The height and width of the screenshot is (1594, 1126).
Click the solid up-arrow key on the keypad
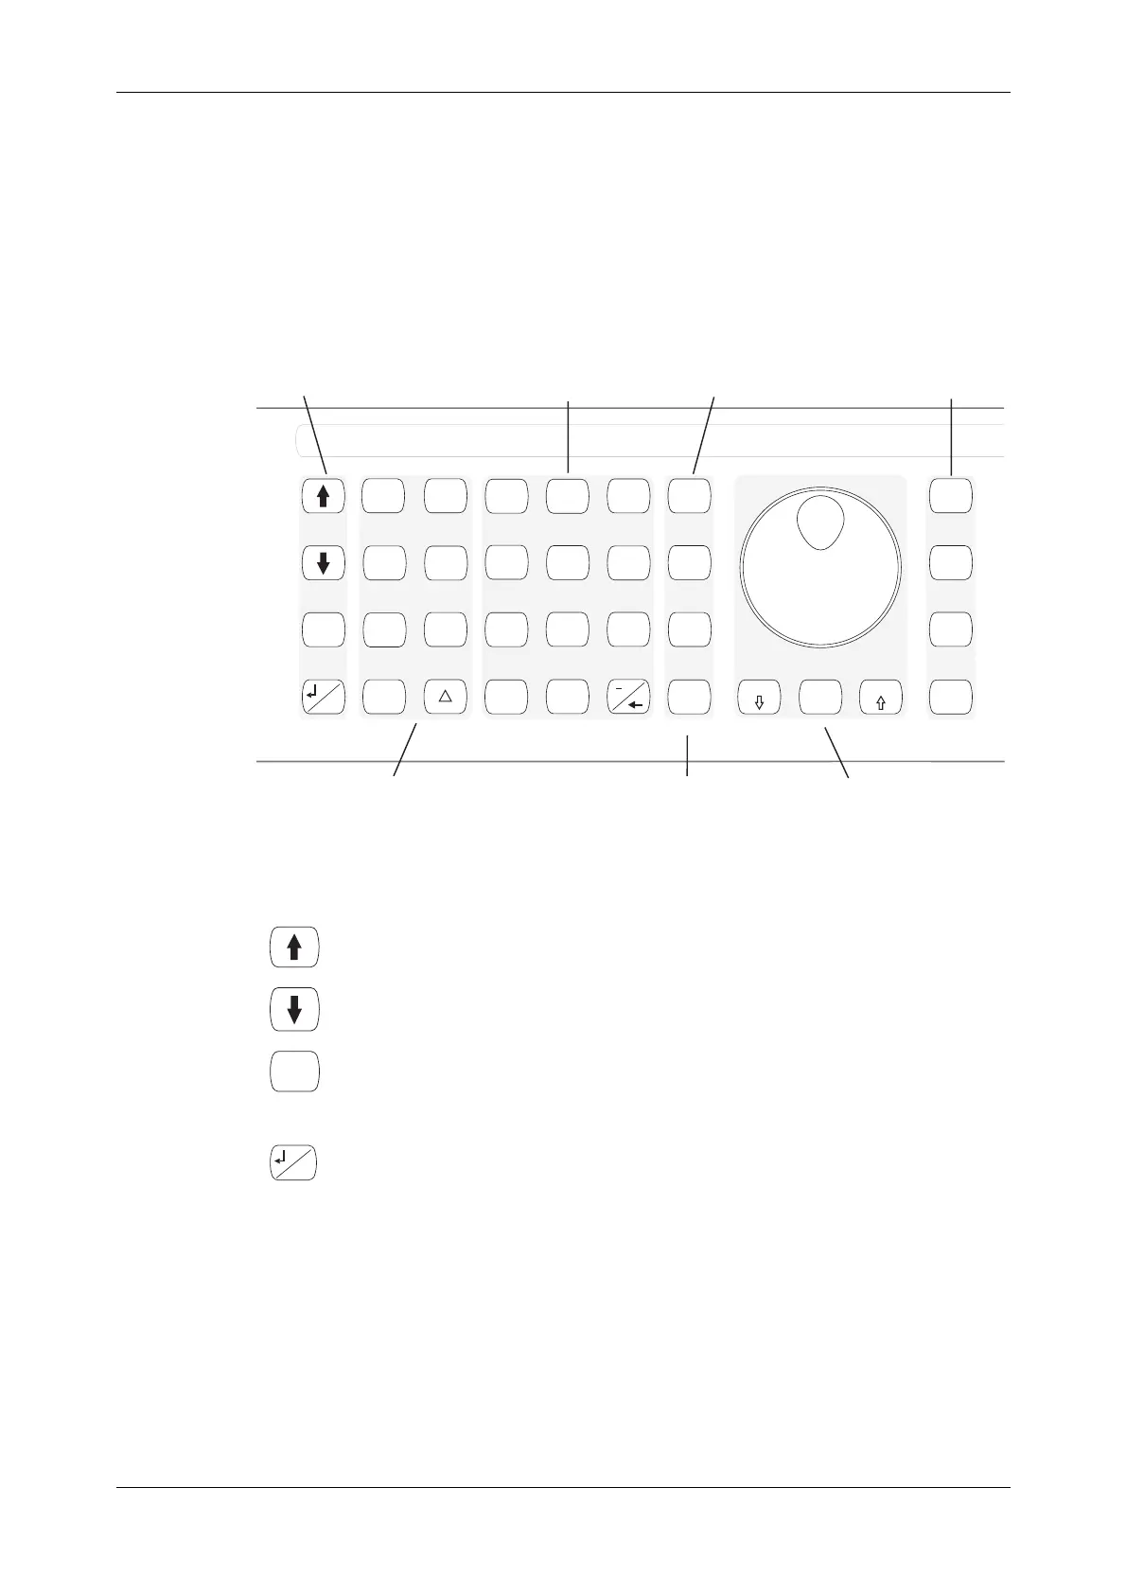(324, 495)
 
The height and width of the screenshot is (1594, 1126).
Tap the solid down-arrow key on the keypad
(324, 563)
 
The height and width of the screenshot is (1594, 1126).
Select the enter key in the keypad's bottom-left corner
(324, 698)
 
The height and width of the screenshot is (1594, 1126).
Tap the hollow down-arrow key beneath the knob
(759, 699)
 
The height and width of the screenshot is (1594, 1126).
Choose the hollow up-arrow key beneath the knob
(881, 699)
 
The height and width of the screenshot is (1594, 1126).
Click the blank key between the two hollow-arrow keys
(820, 699)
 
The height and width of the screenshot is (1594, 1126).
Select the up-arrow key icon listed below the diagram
(294, 948)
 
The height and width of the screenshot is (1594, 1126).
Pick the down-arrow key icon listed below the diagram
(294, 1010)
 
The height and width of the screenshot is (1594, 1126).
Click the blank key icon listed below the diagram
(294, 1072)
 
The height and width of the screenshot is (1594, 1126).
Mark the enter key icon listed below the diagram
(294, 1163)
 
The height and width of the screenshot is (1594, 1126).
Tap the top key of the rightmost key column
(951, 495)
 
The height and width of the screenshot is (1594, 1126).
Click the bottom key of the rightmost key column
(951, 699)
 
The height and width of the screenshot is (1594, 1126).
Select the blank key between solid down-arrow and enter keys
(324, 629)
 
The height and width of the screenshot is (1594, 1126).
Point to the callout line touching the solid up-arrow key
(314, 434)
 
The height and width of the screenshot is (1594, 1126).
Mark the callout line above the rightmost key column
(951, 435)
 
